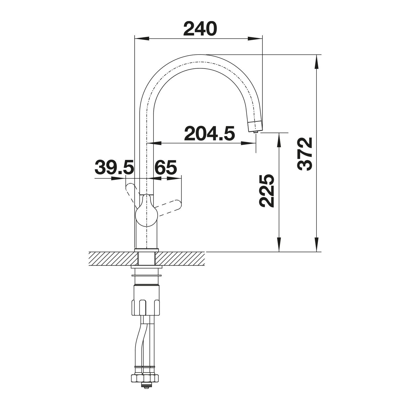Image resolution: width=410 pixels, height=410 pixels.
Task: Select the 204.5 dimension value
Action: [209, 133]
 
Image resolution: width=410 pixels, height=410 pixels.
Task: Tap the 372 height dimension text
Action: [305, 154]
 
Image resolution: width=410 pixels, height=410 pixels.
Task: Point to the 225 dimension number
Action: [266, 191]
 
